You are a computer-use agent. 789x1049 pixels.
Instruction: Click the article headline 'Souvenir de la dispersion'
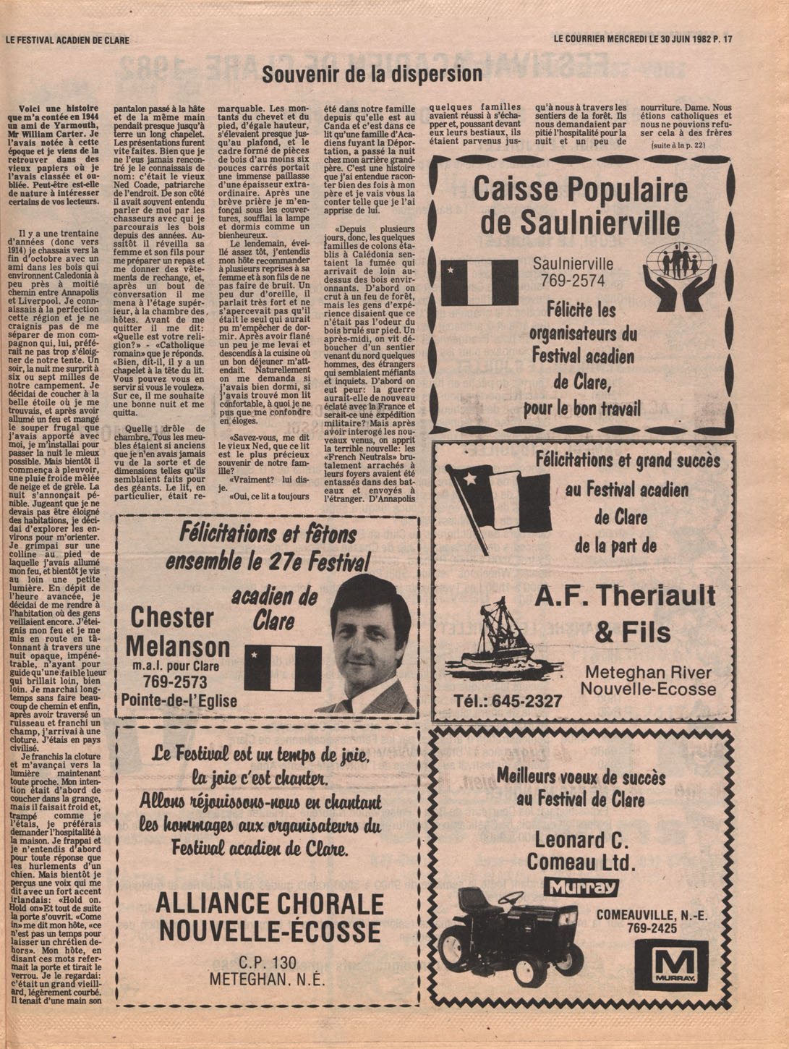[372, 74]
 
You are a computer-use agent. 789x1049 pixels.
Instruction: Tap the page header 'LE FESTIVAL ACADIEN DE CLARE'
[67, 40]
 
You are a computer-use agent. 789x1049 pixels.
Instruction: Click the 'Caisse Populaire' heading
[580, 190]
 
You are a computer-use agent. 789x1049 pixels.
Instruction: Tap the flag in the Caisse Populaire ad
[479, 282]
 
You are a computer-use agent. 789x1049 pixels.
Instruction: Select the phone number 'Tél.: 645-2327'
[507, 701]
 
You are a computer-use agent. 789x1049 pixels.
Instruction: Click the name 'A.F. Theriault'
[625, 596]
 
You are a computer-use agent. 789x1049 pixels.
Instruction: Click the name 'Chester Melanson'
[176, 632]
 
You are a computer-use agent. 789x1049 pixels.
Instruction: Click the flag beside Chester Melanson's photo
[282, 668]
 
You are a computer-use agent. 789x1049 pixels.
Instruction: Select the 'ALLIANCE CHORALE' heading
[269, 904]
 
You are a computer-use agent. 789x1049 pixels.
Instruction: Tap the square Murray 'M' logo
[671, 965]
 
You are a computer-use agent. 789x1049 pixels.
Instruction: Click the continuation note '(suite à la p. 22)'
[678, 145]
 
